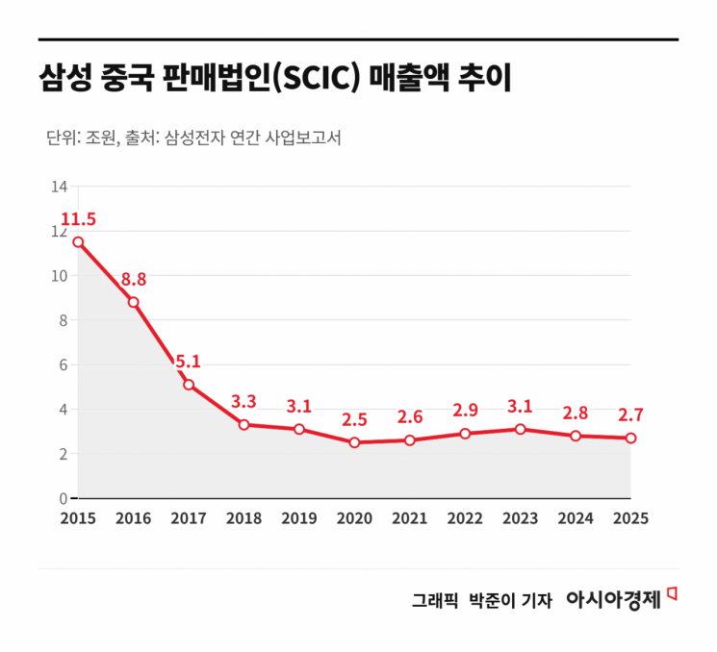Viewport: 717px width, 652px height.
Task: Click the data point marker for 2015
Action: point(78,242)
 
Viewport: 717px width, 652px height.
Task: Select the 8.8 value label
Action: point(134,280)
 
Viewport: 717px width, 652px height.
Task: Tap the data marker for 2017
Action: point(189,385)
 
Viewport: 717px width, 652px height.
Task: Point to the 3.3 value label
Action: point(244,401)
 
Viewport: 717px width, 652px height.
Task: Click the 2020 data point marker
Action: point(355,442)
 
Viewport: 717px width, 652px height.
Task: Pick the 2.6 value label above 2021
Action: point(410,417)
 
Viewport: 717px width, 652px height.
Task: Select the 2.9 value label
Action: point(465,411)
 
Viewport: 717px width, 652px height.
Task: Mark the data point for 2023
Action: point(521,429)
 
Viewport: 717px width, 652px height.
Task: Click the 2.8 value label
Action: point(576,413)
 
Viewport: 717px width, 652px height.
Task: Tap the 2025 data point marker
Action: point(630,438)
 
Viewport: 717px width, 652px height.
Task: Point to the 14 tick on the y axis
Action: point(59,187)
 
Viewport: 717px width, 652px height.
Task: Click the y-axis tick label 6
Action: point(63,364)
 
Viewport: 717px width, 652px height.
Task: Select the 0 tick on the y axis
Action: point(63,498)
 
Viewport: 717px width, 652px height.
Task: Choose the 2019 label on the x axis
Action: point(299,518)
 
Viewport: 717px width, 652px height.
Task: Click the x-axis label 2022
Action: point(465,518)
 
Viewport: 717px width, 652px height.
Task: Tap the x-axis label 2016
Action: point(134,518)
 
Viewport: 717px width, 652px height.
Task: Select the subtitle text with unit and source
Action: point(193,138)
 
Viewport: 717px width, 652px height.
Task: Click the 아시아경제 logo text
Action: point(613,599)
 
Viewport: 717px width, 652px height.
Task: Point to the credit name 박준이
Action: point(491,600)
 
